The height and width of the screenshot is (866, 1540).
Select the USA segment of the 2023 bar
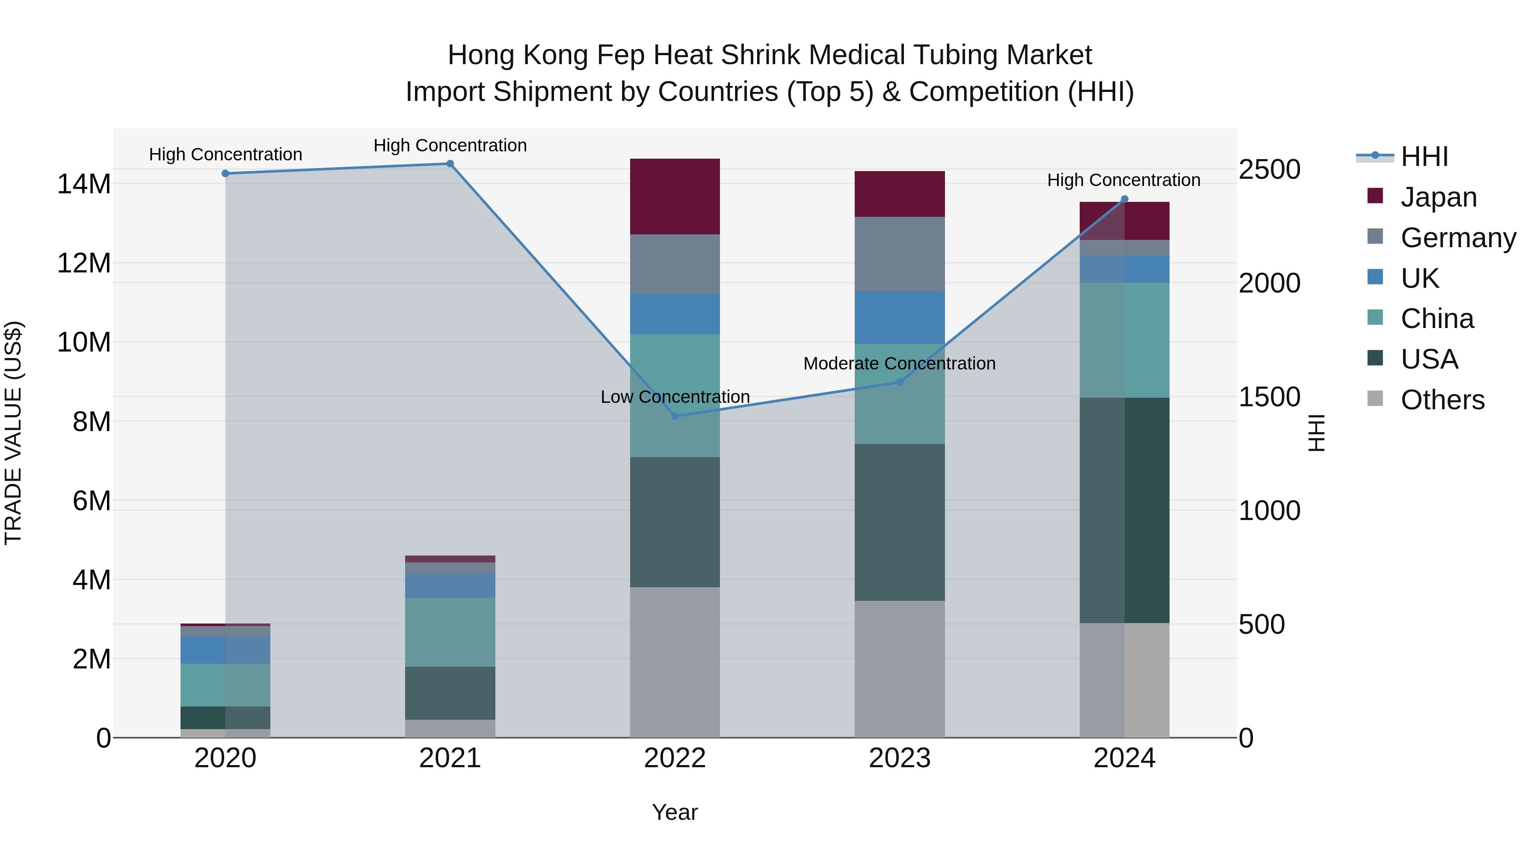(899, 522)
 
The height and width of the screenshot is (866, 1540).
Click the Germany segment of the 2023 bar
(899, 254)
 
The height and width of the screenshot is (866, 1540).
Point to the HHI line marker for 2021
(450, 164)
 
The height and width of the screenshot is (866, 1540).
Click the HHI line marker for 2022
(675, 416)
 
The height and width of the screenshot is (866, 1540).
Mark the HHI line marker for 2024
(1125, 199)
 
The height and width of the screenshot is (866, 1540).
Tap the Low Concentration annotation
(675, 397)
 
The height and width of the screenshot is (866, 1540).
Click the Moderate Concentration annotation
(899, 364)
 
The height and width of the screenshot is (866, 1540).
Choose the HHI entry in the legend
(1424, 157)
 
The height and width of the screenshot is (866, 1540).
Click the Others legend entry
(1442, 400)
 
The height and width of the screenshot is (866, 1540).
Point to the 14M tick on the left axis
(84, 184)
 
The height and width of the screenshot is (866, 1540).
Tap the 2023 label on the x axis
(899, 758)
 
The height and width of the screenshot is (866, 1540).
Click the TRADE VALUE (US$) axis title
(13, 433)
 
